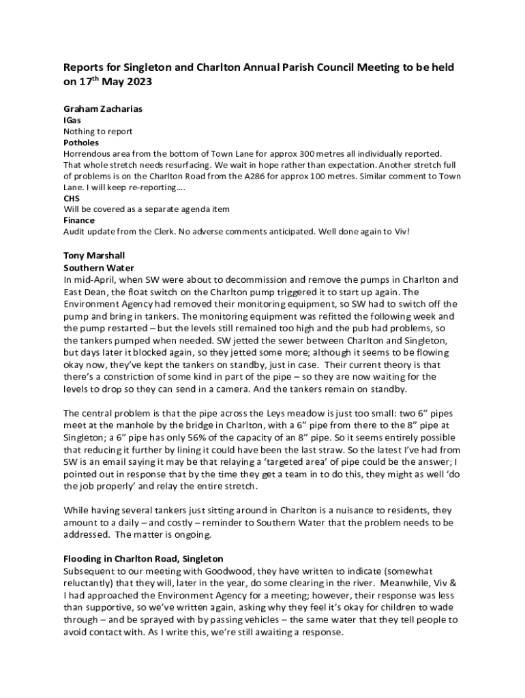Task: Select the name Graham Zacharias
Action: point(103,108)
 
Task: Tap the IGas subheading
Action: point(72,120)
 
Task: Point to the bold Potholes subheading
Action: point(81,142)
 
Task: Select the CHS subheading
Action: point(72,198)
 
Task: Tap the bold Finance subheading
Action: point(79,221)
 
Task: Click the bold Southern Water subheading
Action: point(99,268)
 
